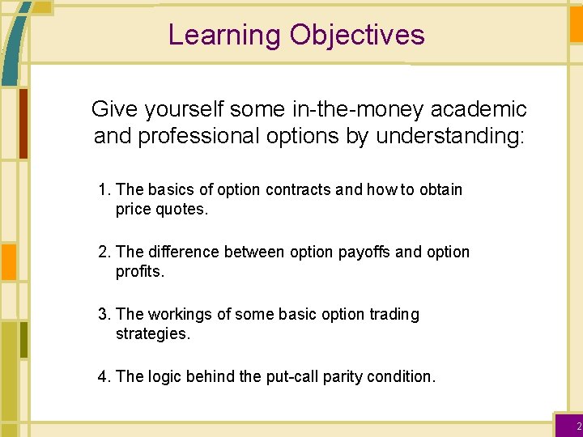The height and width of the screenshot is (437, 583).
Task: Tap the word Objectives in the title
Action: point(357,35)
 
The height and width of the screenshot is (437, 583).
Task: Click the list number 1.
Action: point(103,189)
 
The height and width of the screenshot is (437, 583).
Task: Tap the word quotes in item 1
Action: point(183,209)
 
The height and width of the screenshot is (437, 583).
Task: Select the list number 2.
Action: point(103,252)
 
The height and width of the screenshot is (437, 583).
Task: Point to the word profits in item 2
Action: point(139,271)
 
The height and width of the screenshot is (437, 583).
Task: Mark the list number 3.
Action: point(103,314)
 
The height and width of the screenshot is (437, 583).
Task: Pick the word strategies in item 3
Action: point(152,333)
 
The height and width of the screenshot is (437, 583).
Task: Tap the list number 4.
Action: point(103,376)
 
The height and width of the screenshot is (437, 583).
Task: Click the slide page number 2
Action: point(578,426)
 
